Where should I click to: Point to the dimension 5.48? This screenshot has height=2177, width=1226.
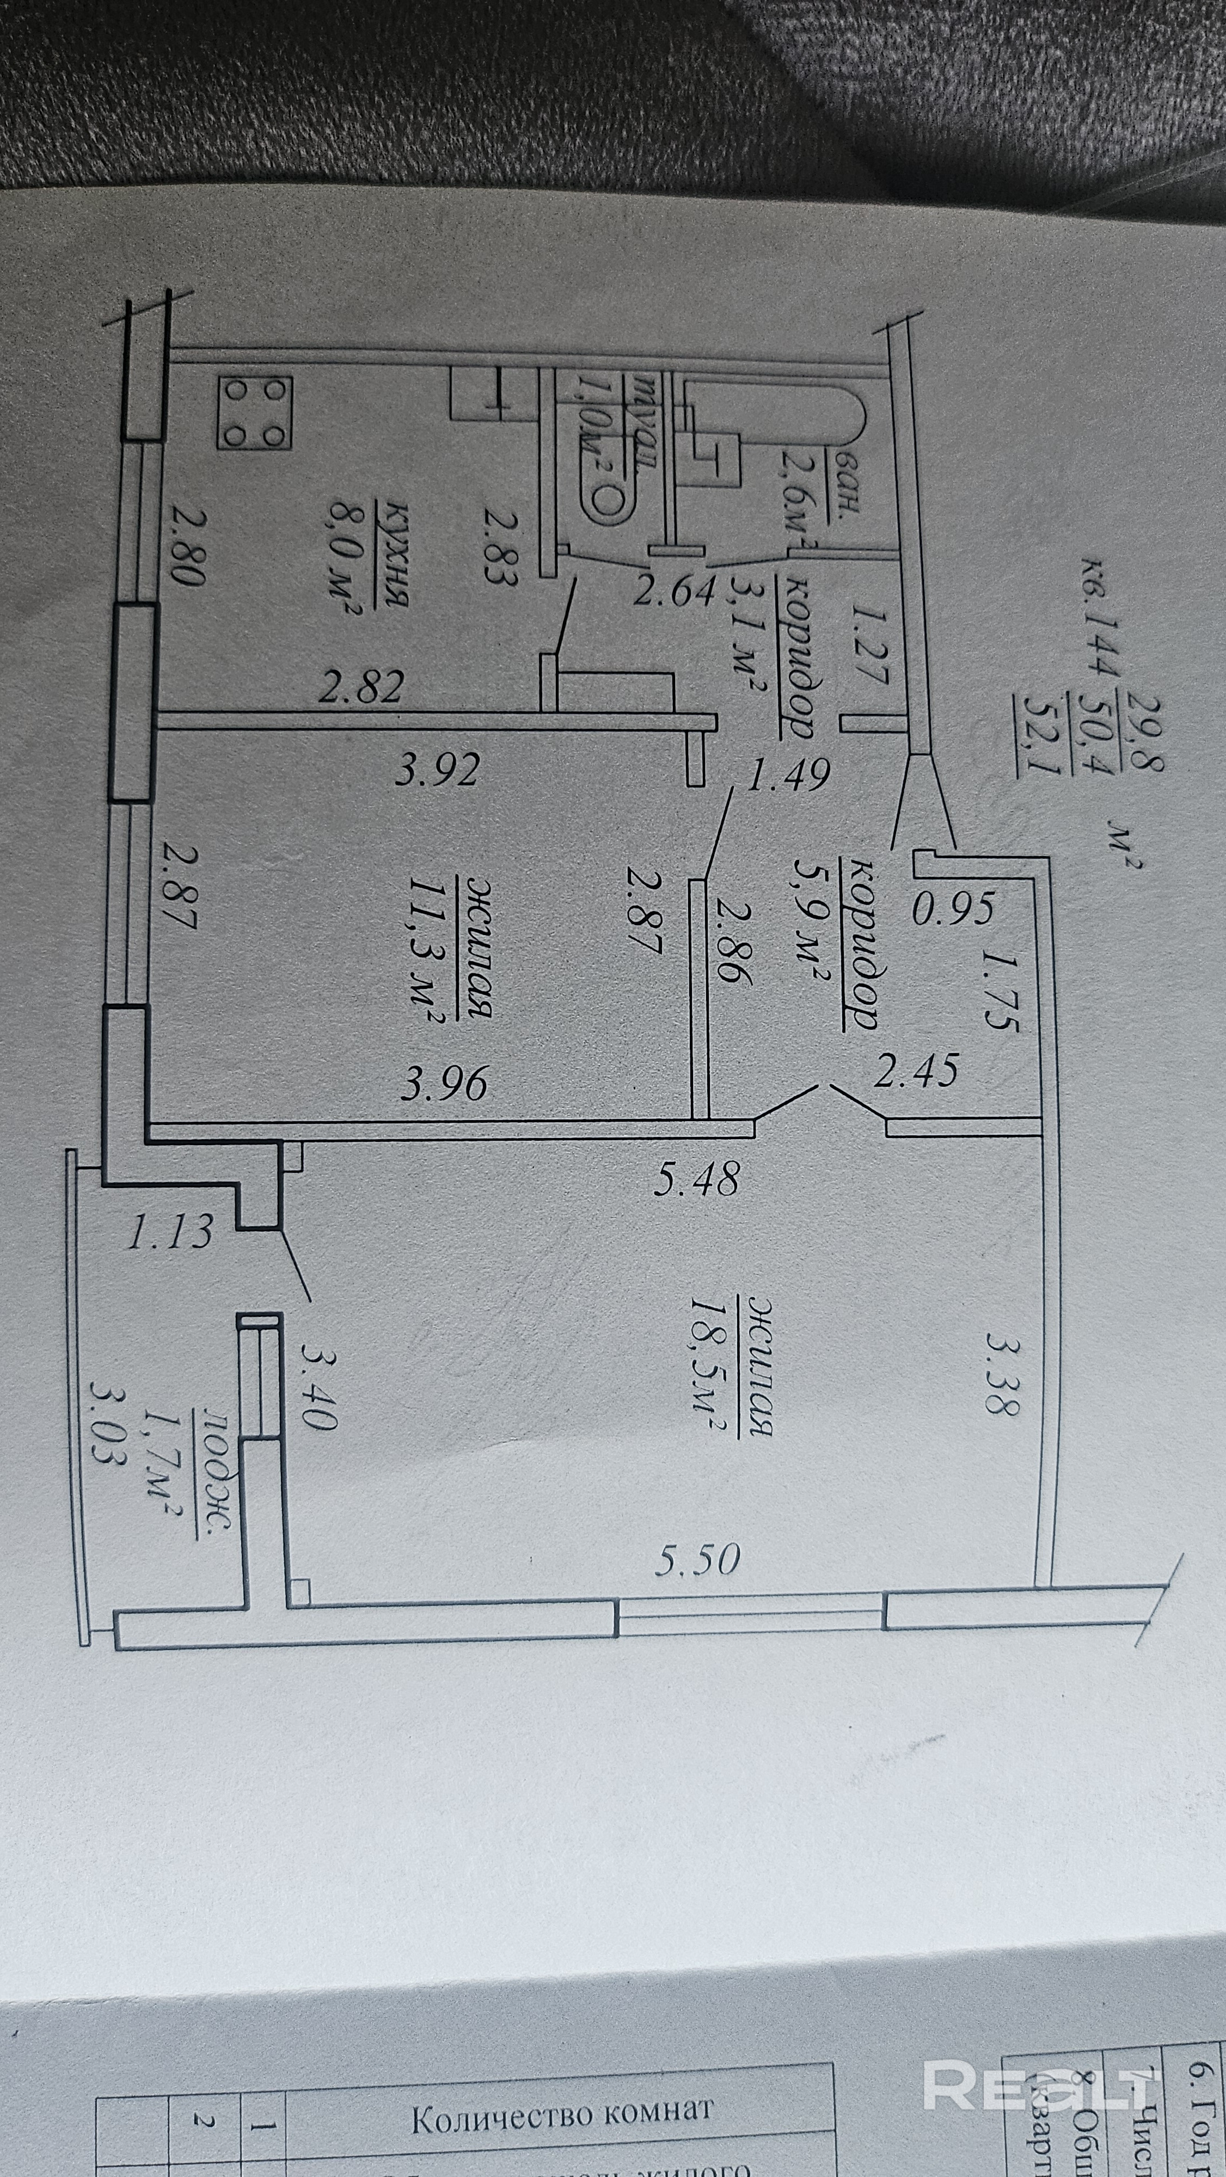coord(697,1178)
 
